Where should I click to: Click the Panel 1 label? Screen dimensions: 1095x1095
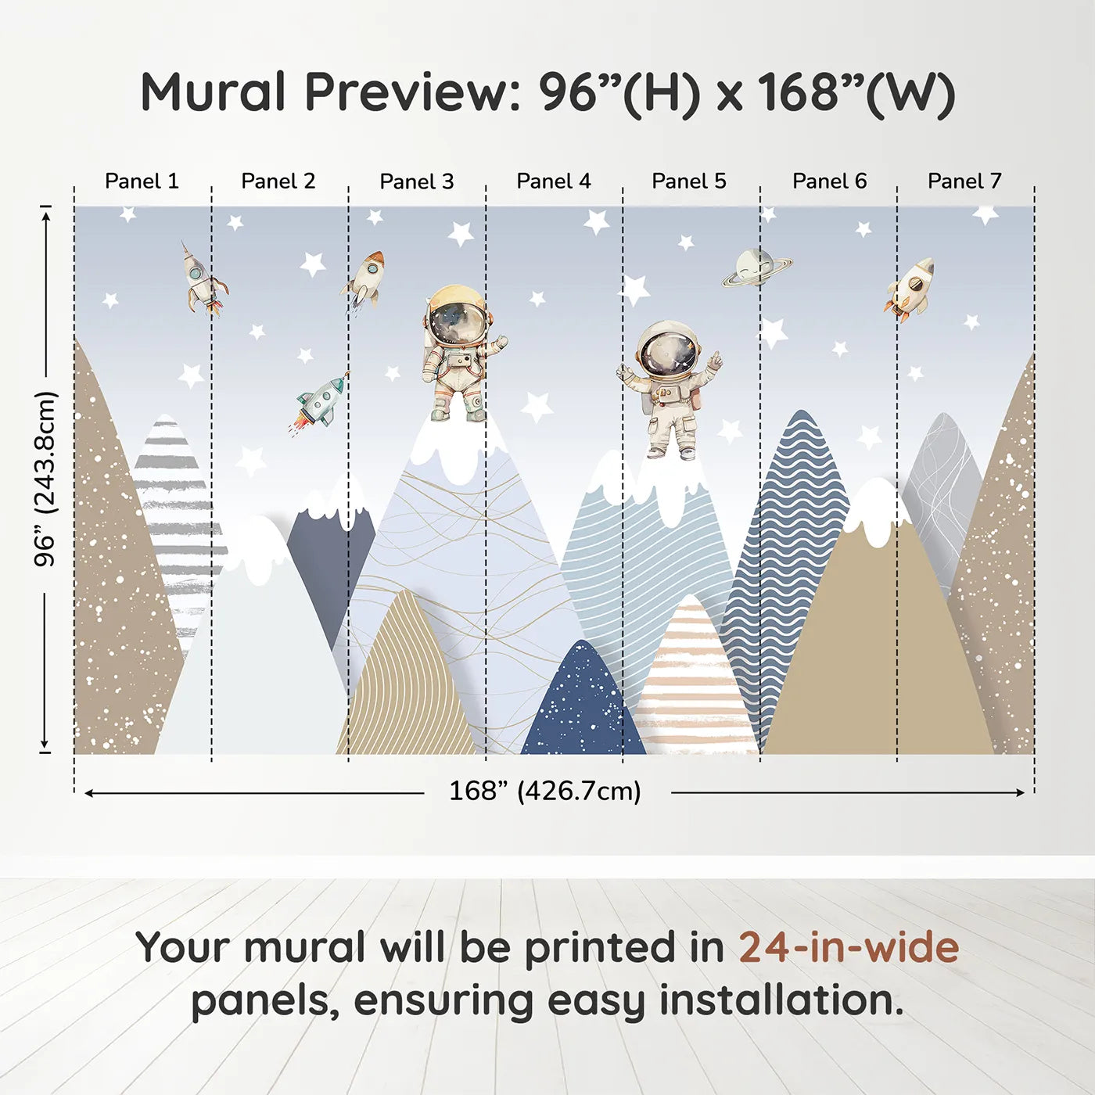tap(142, 181)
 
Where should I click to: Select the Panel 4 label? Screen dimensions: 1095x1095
tap(554, 181)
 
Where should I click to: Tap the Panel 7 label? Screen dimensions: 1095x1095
tap(964, 181)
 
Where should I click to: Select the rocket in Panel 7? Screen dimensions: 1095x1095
tap(909, 290)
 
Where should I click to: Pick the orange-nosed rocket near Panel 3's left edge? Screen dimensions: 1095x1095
tap(364, 279)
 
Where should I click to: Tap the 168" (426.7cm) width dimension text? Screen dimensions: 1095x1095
tap(545, 791)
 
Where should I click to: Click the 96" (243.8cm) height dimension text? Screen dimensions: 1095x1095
tap(45, 479)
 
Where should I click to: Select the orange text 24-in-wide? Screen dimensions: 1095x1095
tap(849, 948)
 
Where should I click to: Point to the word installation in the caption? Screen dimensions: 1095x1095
tap(781, 1001)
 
